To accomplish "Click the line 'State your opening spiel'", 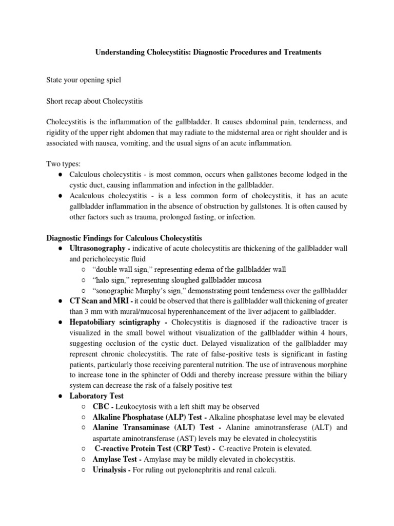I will click(x=83, y=80).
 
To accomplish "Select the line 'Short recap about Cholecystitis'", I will click(x=94, y=101).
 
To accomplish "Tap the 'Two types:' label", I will click(x=63, y=164).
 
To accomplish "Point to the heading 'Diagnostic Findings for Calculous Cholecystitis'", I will click(x=124, y=238).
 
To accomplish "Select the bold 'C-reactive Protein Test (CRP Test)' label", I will click(x=153, y=448).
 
